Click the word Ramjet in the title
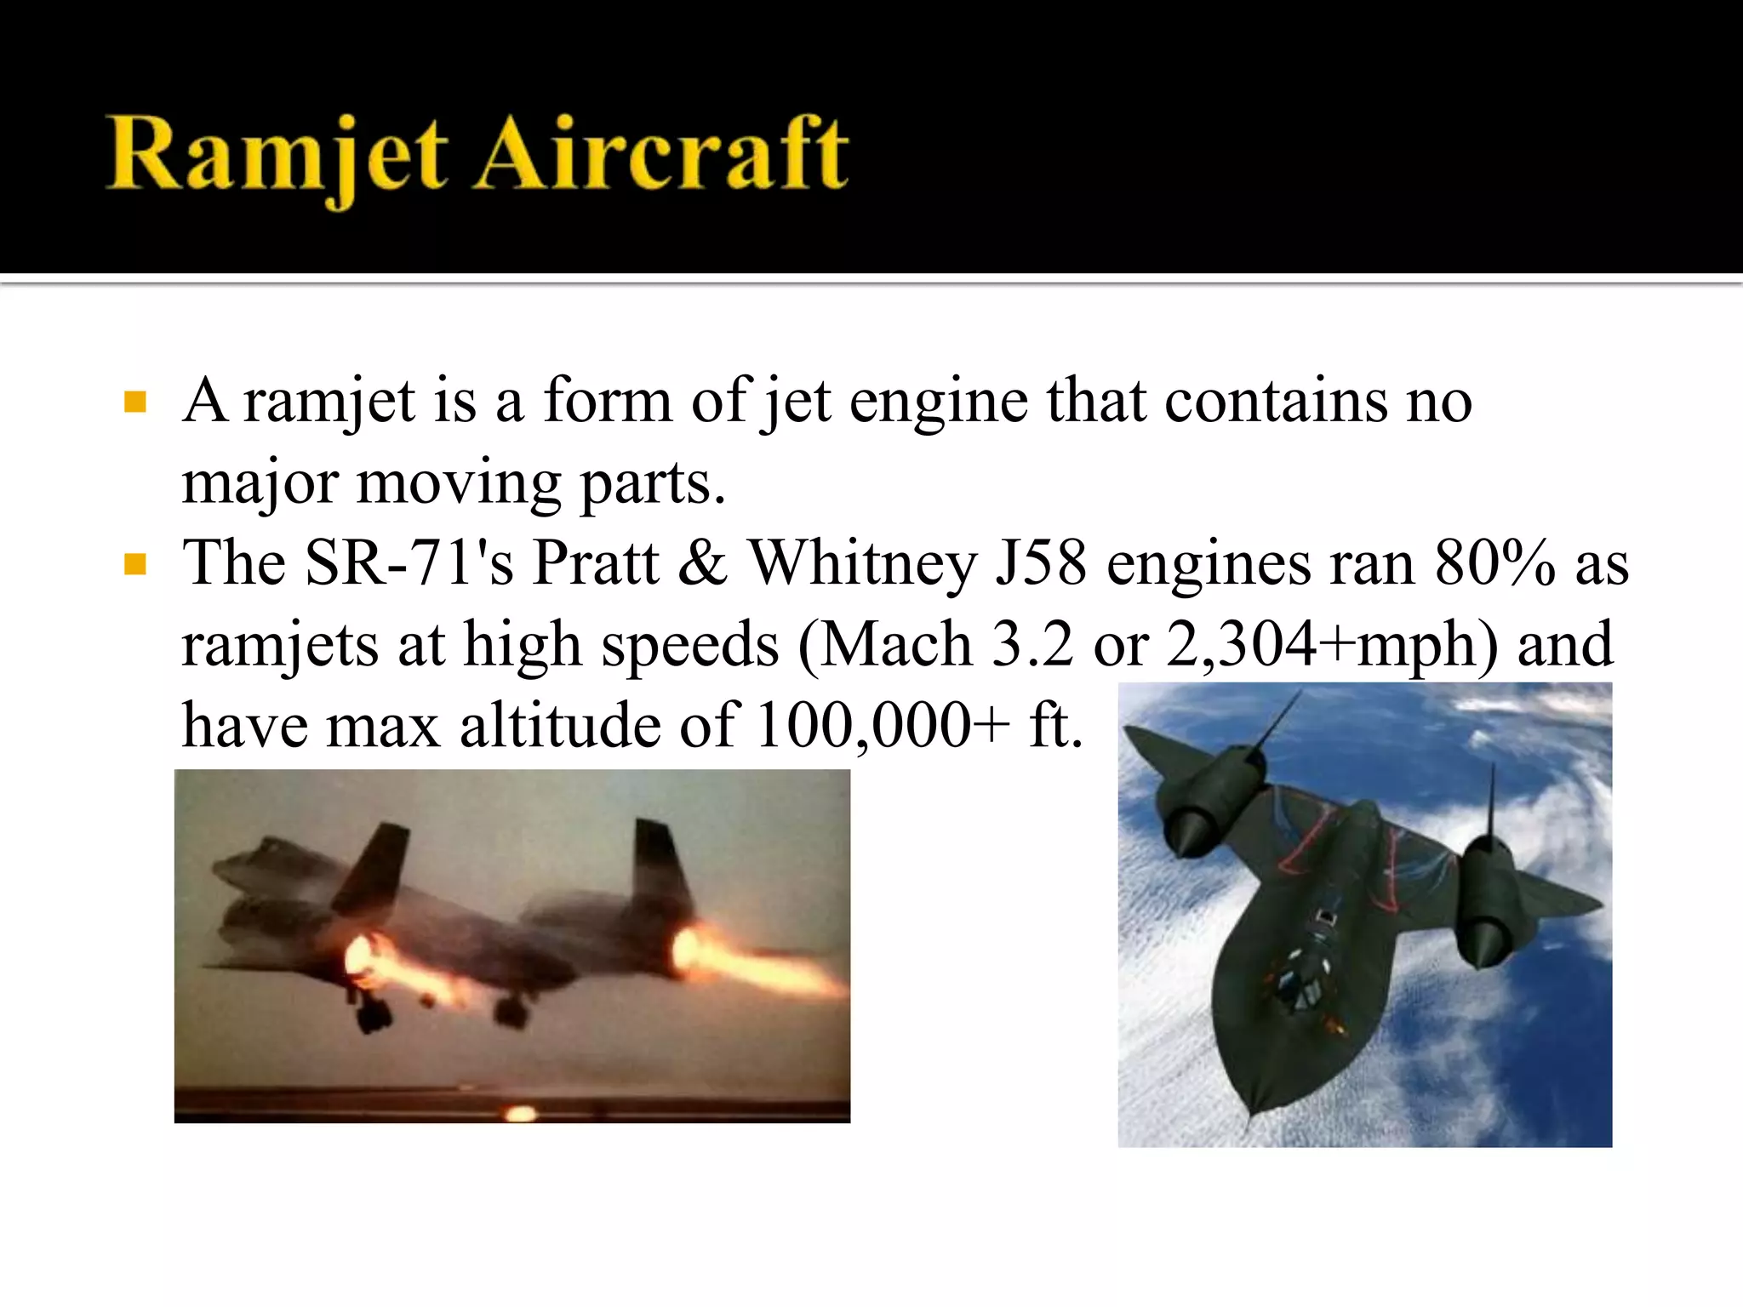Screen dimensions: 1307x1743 (277, 157)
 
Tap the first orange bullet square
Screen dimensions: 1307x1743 (135, 401)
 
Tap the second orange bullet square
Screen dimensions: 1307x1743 (135, 563)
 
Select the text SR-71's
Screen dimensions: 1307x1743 (409, 564)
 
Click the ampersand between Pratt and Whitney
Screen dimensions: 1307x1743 (703, 564)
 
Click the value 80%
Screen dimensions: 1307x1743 (1494, 564)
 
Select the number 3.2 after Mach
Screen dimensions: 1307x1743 (1032, 645)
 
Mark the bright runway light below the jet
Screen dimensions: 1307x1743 (519, 1112)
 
